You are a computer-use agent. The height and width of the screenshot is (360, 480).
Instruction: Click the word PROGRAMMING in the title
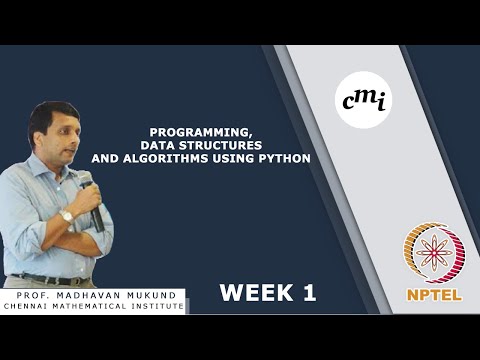tap(189, 131)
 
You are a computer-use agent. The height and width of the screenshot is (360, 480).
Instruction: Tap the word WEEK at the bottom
tap(250, 293)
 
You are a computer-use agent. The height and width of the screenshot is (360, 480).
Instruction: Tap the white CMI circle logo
tap(363, 100)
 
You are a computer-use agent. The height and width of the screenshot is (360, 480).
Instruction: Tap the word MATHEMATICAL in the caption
tap(100, 306)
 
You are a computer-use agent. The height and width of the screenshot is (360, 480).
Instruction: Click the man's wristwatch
tap(67, 216)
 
